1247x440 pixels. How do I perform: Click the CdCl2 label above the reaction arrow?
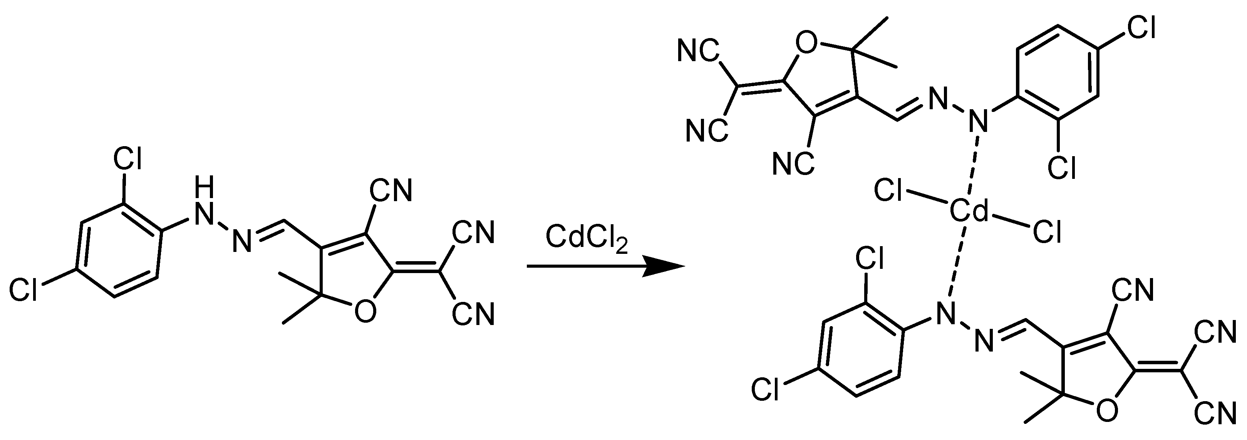[586, 239]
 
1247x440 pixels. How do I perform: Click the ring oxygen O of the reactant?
[364, 312]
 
